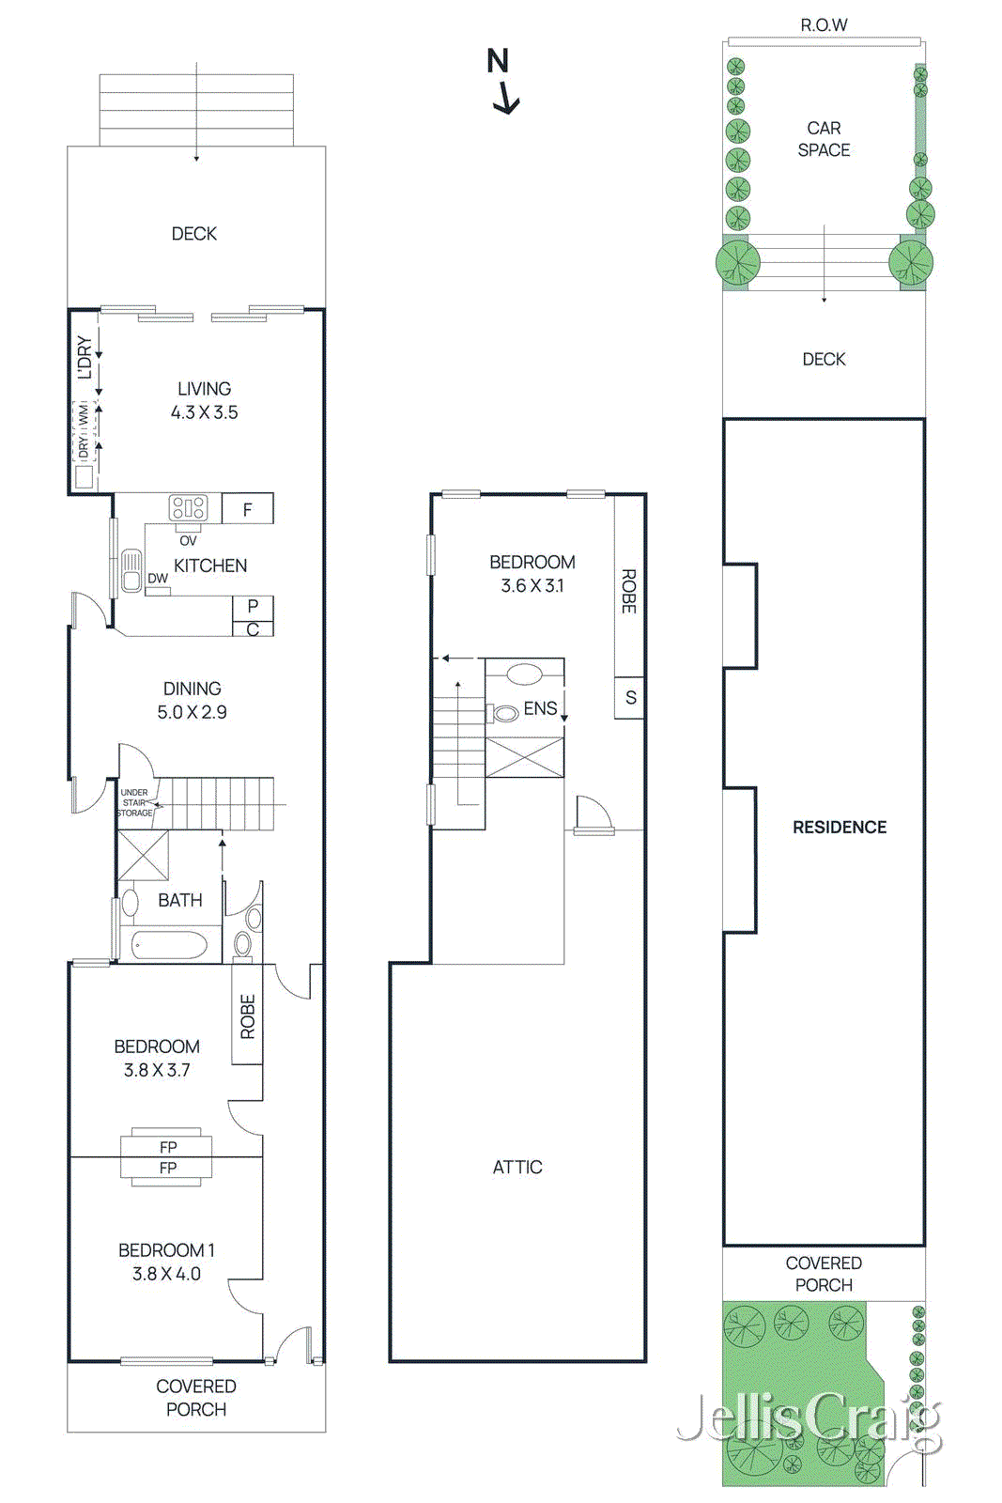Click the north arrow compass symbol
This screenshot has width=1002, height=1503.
[501, 81]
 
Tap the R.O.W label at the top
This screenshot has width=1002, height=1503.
[824, 24]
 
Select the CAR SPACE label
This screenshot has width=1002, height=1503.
[824, 139]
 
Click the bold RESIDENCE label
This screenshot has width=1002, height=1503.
[839, 828]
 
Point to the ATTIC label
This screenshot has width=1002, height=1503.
[517, 1168]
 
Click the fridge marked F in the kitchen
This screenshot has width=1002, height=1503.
[248, 508]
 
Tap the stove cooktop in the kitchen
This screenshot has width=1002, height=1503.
[189, 508]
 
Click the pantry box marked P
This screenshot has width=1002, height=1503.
[253, 608]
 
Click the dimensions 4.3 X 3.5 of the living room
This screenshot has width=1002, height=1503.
[204, 412]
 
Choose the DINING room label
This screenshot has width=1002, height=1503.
[193, 689]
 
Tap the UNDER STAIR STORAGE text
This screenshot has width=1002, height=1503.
[134, 802]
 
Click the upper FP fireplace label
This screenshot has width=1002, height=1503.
[168, 1147]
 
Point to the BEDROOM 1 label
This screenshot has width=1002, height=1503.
[166, 1250]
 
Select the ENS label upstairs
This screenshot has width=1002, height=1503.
[540, 708]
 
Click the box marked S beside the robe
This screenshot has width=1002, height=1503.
[630, 698]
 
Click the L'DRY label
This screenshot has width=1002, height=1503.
[84, 357]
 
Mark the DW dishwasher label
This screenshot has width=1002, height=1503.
[158, 579]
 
